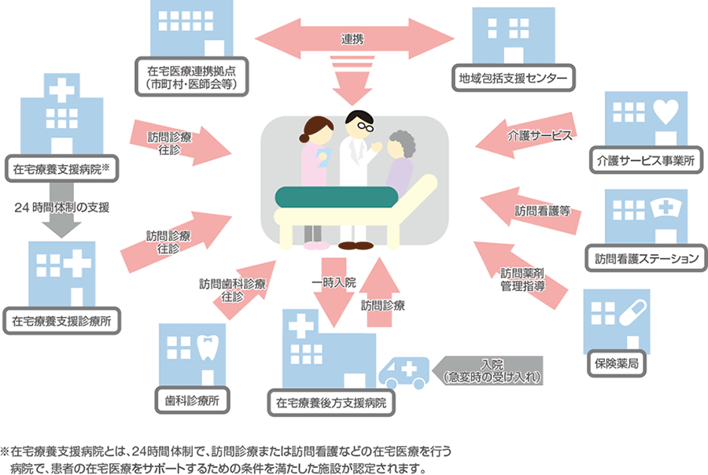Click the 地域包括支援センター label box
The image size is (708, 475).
point(512,78)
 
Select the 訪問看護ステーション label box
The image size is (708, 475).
point(646,257)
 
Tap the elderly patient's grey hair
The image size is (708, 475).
point(400,142)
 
